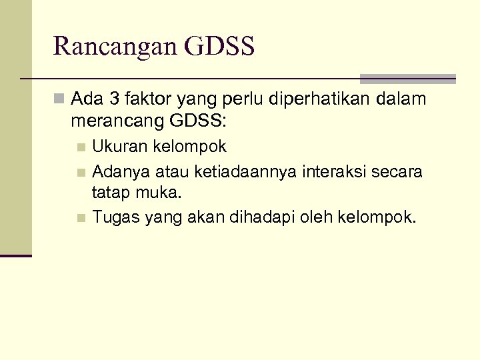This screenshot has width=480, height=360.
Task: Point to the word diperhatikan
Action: pos(309,101)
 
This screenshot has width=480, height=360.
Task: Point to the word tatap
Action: pos(111,193)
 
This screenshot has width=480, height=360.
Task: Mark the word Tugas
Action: pos(113,217)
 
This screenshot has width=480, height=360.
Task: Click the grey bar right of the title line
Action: pos(407,79)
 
